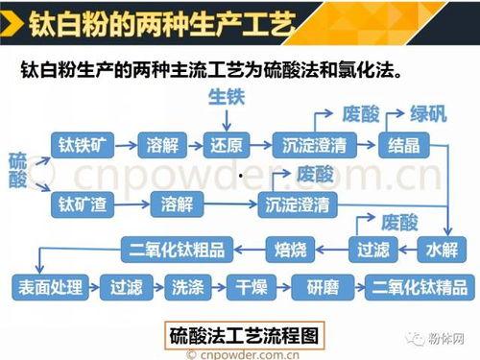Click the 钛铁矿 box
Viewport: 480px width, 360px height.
[x=81, y=146]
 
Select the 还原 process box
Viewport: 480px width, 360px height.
[x=228, y=146]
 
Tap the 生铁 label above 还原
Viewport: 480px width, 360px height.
[x=228, y=99]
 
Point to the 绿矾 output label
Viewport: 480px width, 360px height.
[x=428, y=113]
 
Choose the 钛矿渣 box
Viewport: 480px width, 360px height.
[x=81, y=204]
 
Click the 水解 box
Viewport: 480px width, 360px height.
[x=441, y=252]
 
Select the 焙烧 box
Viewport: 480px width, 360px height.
[x=290, y=252]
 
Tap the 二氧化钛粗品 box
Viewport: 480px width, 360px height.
[x=178, y=252]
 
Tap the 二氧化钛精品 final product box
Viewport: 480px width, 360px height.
[x=419, y=287]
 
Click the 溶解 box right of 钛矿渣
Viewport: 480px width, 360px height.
[x=178, y=204]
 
